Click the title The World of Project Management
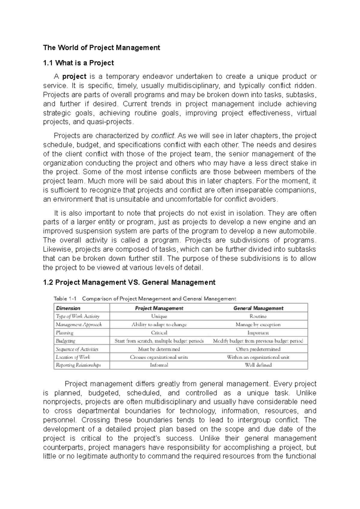coord(101,48)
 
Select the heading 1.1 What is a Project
coord(78,63)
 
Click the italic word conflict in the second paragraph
coord(162,136)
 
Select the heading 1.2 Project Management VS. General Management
coord(129,282)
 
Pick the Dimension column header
coord(68,308)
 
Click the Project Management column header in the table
coord(159,308)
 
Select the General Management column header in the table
coord(258,308)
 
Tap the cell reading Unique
coord(159,316)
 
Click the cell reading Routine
coord(258,316)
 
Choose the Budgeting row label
coord(65,341)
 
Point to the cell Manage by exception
coord(258,325)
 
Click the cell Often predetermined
coord(258,349)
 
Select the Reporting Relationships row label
coord(78,365)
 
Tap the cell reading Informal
coord(159,365)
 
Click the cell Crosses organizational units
coord(159,357)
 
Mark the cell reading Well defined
coord(258,365)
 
